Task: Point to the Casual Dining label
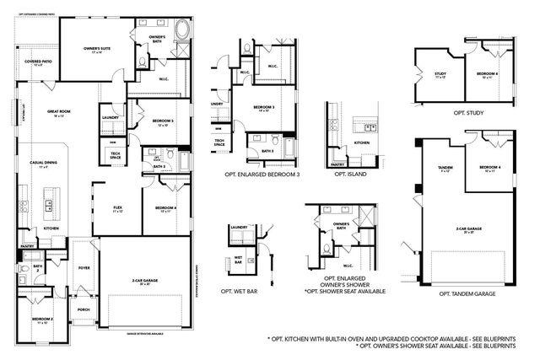tap(43, 164)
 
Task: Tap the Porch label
tap(82, 309)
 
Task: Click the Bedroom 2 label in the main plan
tap(43, 320)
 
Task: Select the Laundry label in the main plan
tap(108, 117)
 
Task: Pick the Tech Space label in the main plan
tap(116, 156)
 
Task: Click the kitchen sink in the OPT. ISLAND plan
tap(368, 127)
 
